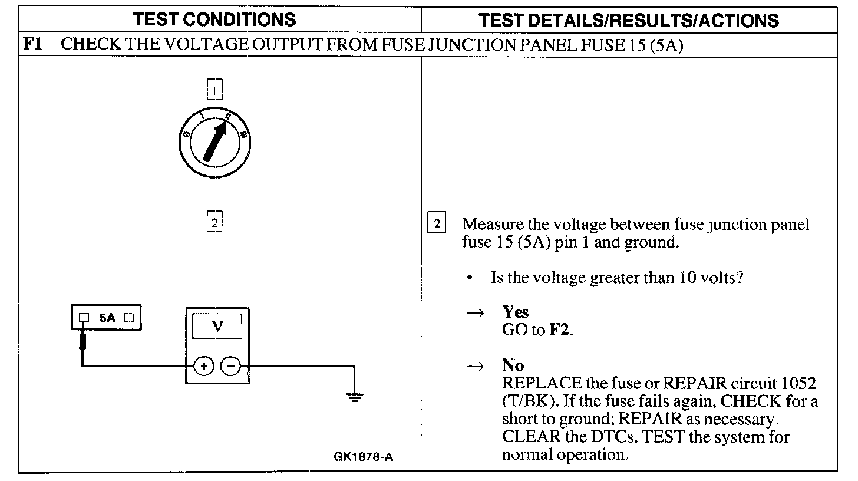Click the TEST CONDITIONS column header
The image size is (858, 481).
215,19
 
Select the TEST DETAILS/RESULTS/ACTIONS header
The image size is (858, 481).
629,20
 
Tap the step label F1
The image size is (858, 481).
33,45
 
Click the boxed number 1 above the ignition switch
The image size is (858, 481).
215,90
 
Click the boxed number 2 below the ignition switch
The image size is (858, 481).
215,223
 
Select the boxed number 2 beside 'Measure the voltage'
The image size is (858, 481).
437,224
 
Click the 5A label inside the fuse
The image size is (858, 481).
107,318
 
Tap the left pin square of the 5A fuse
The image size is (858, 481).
84,318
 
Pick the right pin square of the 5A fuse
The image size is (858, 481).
130,318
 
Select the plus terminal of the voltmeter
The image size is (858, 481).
204,366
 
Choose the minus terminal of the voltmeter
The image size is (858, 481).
230,366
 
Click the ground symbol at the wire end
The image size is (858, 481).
354,397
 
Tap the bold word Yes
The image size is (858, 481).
516,313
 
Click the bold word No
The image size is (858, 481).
513,366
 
